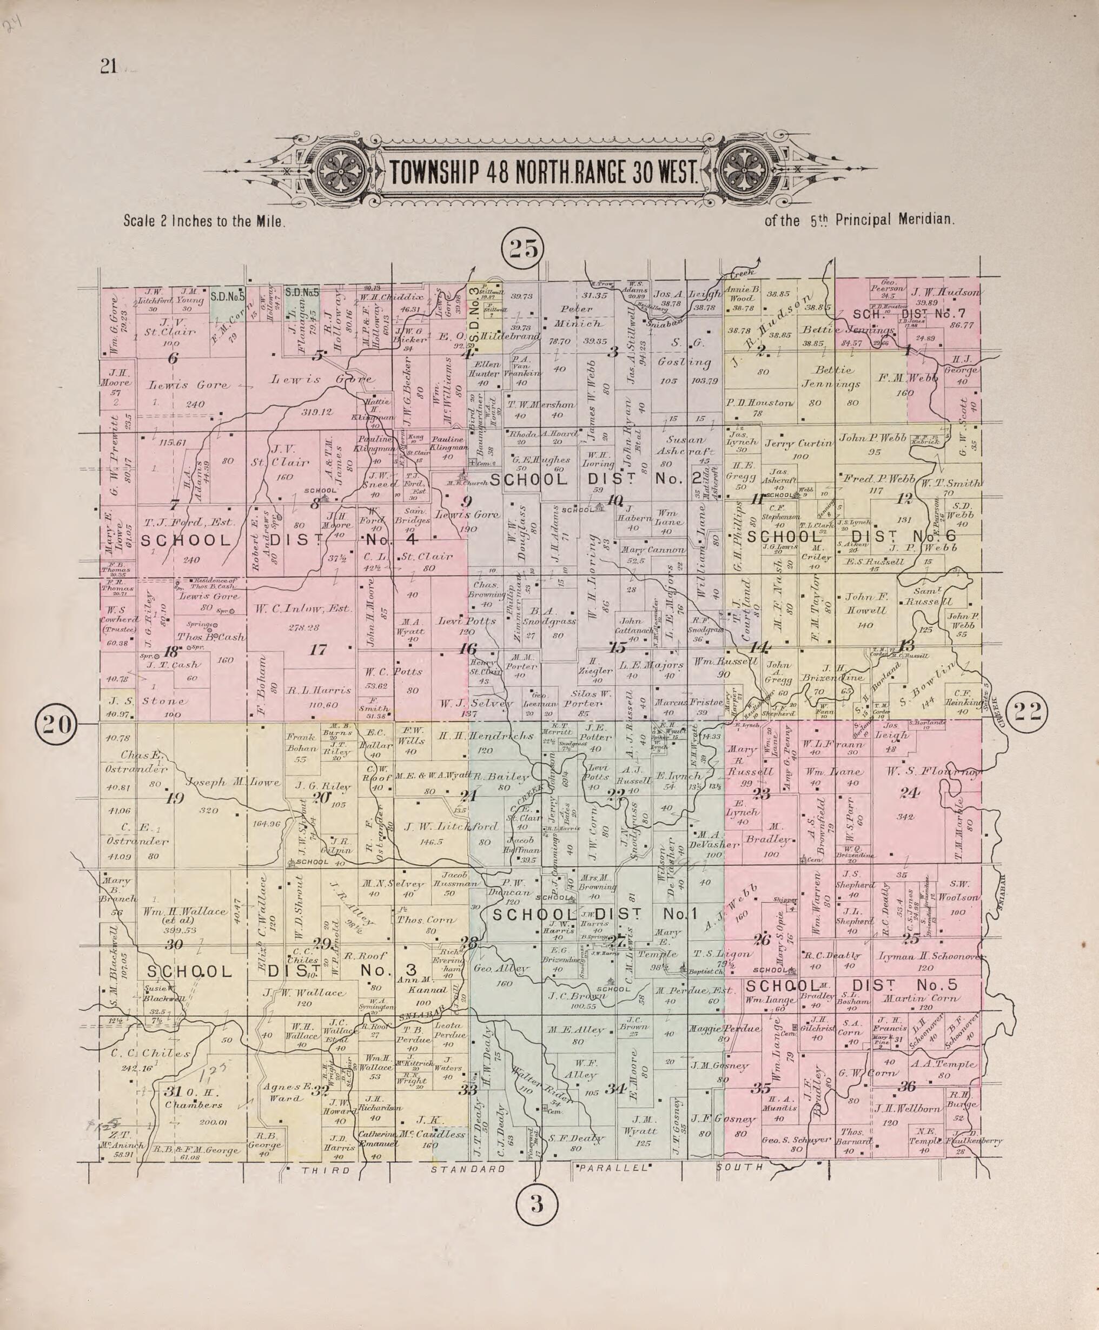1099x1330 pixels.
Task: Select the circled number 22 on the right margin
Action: pyautogui.click(x=1027, y=712)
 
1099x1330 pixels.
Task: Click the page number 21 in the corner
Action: pyautogui.click(x=108, y=67)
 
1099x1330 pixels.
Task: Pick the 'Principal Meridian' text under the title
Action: pyautogui.click(x=894, y=220)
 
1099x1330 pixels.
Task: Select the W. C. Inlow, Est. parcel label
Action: pyautogui.click(x=303, y=609)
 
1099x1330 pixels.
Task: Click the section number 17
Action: pyautogui.click(x=317, y=649)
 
